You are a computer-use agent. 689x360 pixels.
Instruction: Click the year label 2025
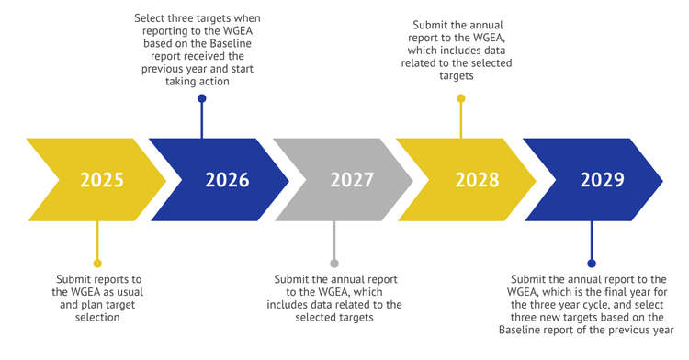click(102, 180)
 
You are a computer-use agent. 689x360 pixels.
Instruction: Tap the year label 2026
click(227, 180)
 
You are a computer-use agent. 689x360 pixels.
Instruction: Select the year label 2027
click(352, 180)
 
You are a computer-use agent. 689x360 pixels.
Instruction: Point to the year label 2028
click(477, 180)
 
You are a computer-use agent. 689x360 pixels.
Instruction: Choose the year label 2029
click(602, 180)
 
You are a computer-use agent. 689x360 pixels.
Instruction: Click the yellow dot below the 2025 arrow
click(97, 264)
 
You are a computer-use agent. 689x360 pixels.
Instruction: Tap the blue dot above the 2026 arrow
click(202, 98)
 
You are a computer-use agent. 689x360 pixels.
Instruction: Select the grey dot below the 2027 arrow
click(334, 264)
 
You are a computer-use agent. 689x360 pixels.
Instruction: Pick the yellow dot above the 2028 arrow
click(461, 98)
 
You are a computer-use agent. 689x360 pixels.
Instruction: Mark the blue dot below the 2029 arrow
click(592, 264)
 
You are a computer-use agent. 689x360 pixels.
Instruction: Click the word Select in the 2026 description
click(148, 18)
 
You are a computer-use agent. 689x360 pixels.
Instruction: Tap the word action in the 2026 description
click(214, 82)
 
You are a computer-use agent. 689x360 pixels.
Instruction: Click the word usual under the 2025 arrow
click(130, 292)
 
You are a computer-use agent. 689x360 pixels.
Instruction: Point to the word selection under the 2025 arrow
click(97, 318)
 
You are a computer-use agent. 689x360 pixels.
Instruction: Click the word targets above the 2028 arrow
click(457, 76)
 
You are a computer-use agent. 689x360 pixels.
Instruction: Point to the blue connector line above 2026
click(202, 120)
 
